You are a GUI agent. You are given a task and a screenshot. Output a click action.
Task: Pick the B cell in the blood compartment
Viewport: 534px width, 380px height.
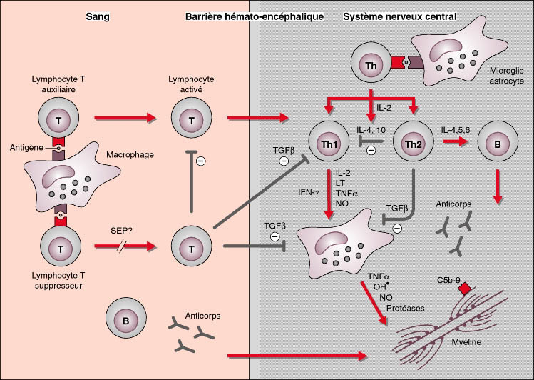(126, 320)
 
